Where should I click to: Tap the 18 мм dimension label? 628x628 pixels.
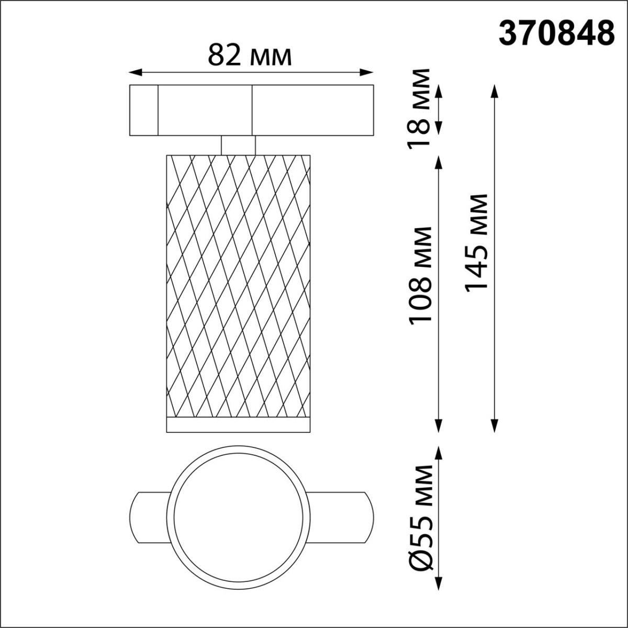coord(421,108)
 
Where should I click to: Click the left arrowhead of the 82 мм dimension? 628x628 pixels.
coord(133,72)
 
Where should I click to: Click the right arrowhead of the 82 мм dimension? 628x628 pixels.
coord(369,72)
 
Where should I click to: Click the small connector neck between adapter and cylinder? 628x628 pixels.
coord(238,145)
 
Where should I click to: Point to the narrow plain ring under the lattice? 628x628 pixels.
coord(238,425)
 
